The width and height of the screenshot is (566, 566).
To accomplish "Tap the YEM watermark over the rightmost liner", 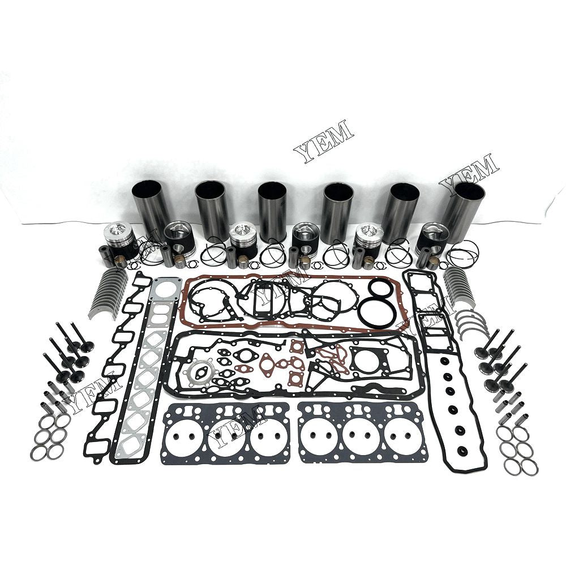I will pos(469,170).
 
